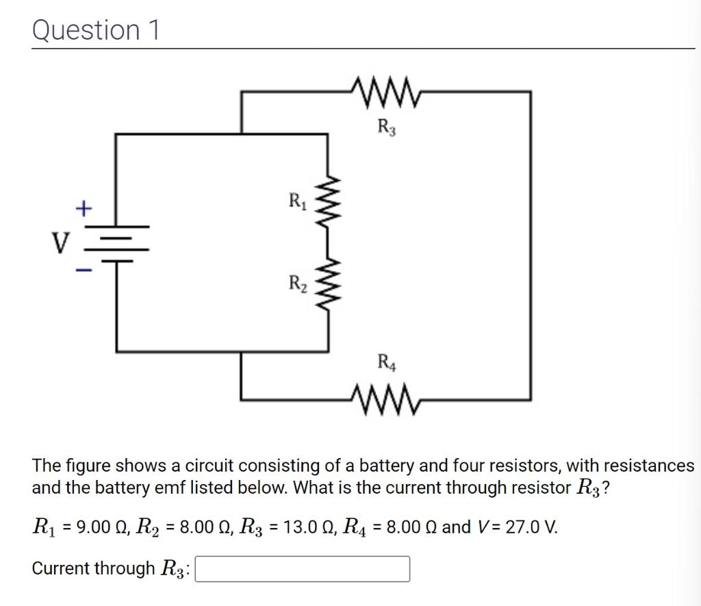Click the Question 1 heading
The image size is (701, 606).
(x=95, y=30)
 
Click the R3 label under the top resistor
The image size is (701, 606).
(x=386, y=127)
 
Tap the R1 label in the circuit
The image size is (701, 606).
(x=296, y=201)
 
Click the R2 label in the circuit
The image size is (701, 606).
(x=296, y=282)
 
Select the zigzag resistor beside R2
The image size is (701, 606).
(x=328, y=282)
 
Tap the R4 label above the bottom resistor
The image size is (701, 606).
(x=386, y=361)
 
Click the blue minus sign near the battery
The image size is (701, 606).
(x=83, y=272)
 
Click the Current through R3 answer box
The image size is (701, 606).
(x=303, y=569)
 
